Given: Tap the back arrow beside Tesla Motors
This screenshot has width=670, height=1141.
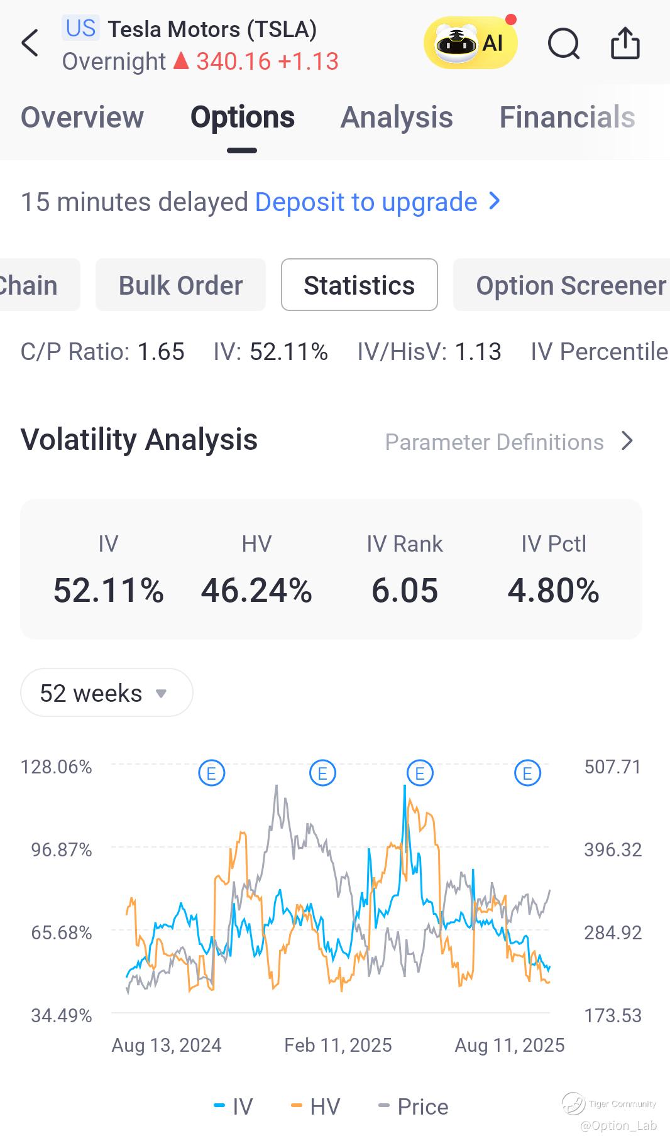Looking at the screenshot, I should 30,43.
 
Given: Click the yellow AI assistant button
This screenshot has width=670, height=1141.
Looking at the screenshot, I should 470,43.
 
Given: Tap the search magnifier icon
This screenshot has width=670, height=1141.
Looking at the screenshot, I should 563,44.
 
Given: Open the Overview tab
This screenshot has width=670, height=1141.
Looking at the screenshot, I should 82,117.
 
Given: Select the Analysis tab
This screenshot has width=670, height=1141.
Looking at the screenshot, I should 397,117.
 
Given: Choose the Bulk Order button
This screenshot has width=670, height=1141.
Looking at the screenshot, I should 180,285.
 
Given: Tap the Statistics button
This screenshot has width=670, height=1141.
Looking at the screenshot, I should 359,285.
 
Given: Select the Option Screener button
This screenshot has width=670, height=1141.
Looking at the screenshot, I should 569,285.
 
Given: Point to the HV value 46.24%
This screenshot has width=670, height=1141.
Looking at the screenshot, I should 256,591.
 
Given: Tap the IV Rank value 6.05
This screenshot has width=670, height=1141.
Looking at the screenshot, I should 405,591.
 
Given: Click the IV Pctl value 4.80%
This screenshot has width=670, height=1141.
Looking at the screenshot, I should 553,591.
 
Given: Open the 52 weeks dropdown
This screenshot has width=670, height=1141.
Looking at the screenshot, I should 106,693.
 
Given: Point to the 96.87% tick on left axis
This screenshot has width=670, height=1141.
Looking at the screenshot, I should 62,850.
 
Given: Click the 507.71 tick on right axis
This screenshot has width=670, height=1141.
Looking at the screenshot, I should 612,767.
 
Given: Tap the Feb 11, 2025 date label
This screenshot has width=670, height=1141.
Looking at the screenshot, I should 338,1045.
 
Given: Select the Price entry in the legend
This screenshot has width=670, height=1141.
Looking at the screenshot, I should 414,1106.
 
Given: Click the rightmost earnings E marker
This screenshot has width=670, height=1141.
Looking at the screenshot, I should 527,773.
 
